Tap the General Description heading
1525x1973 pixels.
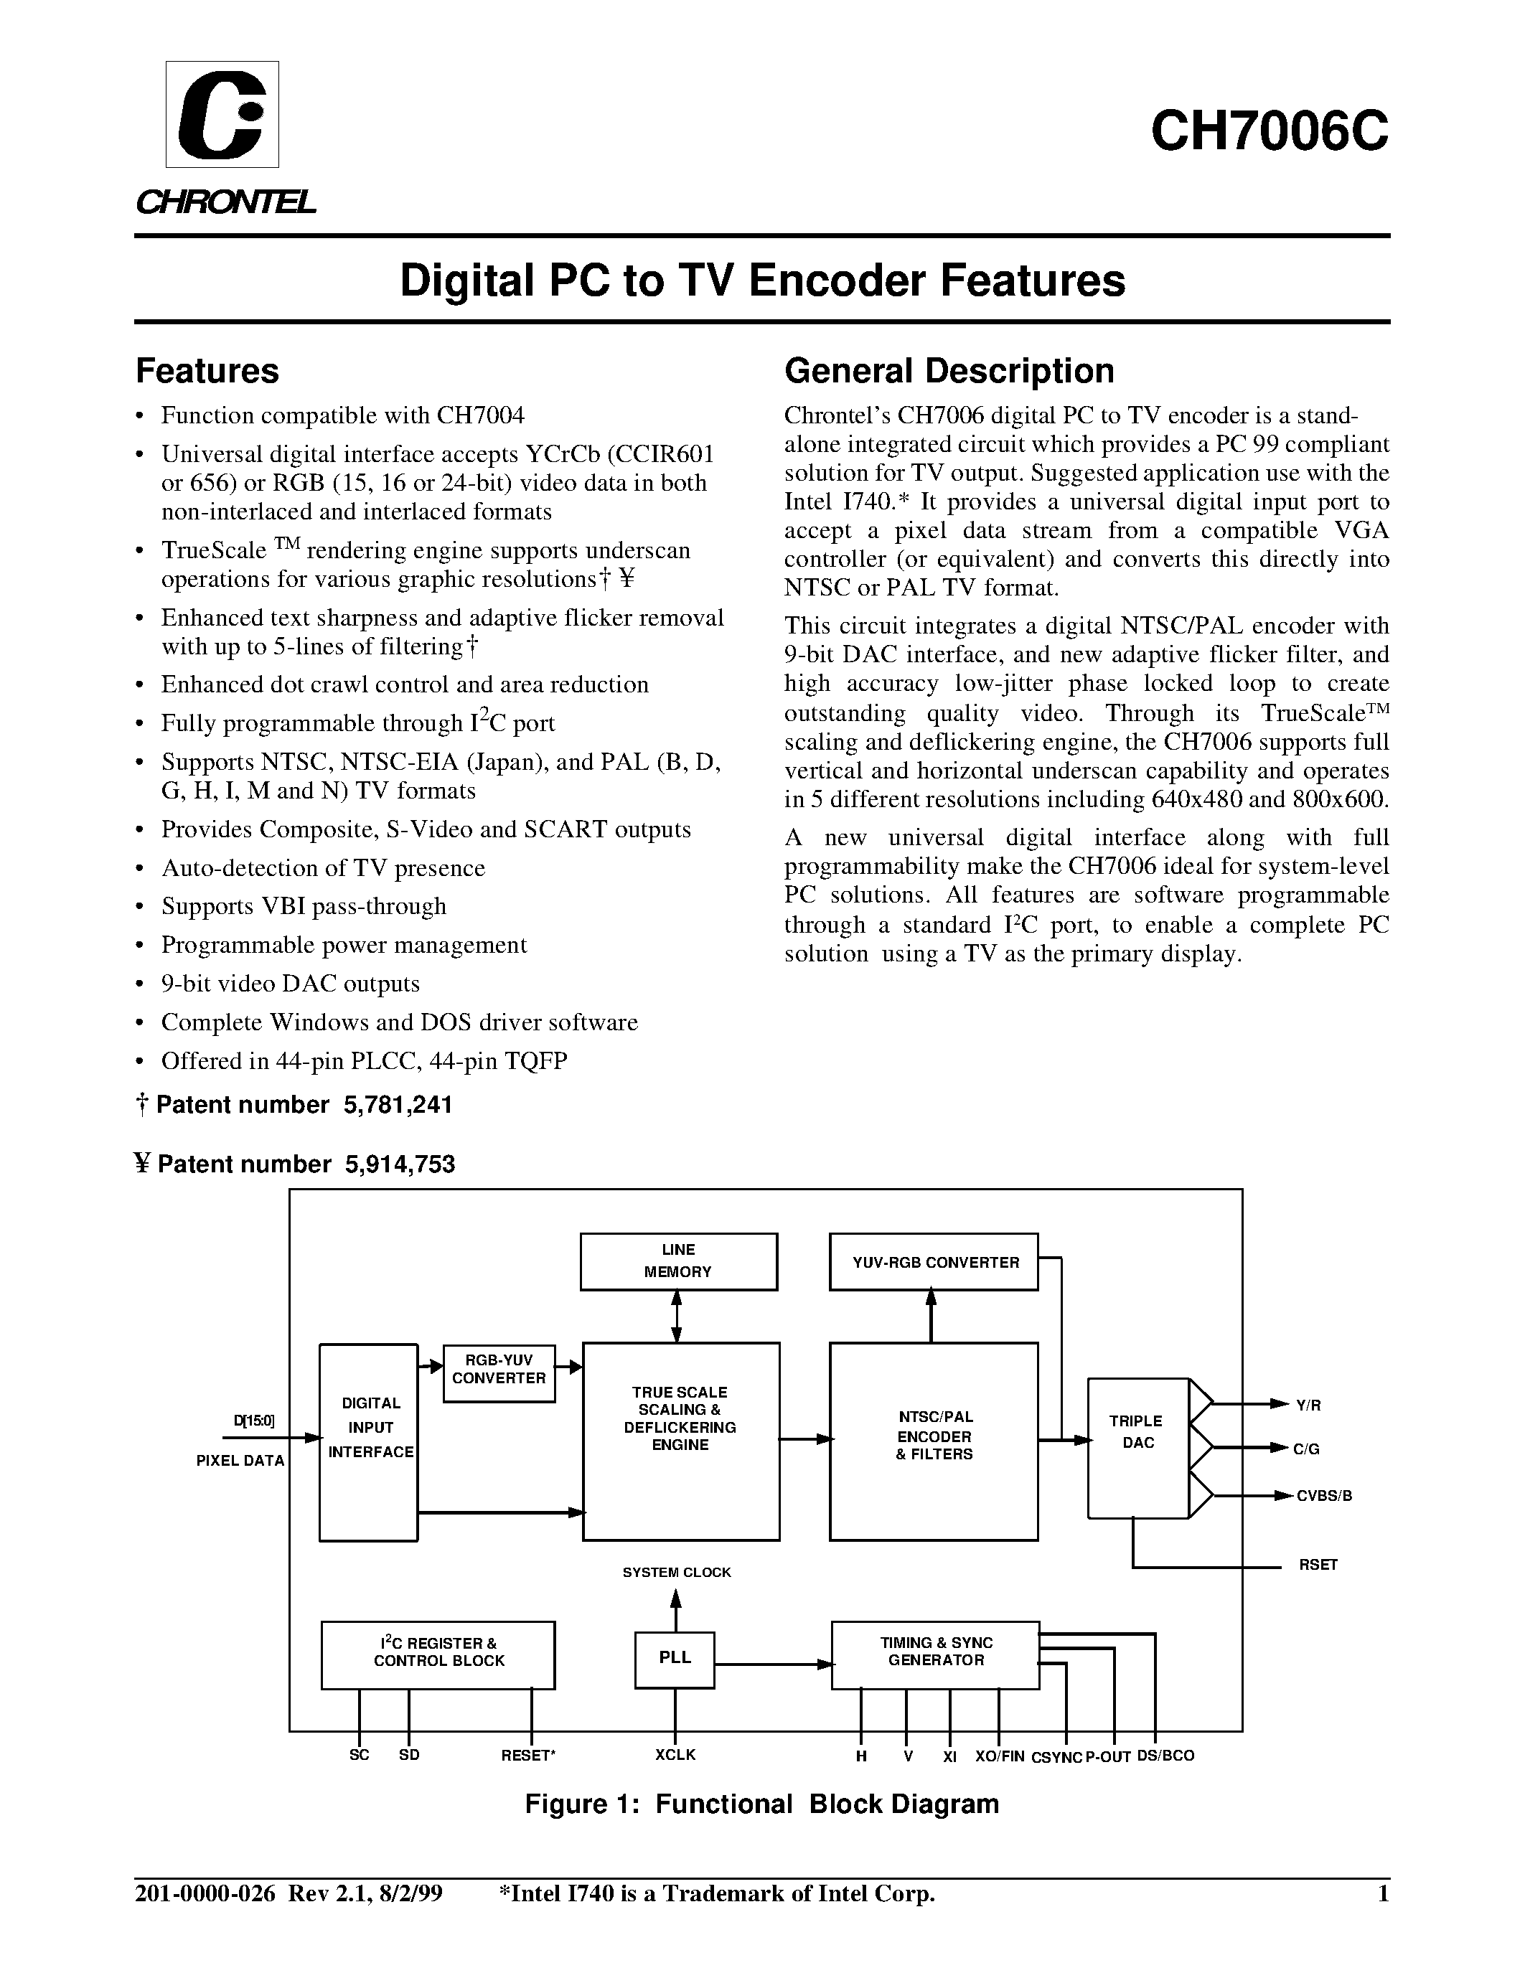click(949, 372)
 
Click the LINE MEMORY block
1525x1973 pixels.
click(677, 1261)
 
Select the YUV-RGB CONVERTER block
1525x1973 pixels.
click(933, 1262)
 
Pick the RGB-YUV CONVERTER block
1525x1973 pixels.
click(499, 1369)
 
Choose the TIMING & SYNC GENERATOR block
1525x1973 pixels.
click(935, 1652)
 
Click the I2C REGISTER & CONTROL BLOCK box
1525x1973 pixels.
click(438, 1652)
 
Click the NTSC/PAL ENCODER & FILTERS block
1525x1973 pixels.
click(933, 1437)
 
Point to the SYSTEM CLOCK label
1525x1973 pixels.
click(676, 1573)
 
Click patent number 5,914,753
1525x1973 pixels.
click(398, 1164)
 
